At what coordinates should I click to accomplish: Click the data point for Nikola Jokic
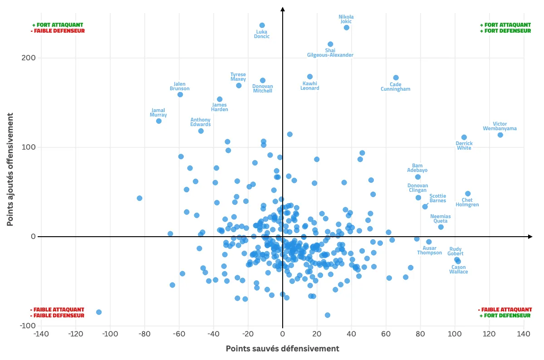(347, 28)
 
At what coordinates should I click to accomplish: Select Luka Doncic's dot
(262, 25)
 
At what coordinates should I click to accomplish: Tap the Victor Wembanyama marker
(500, 135)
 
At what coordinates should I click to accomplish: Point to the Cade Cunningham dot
(396, 78)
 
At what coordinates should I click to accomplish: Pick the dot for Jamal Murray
(159, 121)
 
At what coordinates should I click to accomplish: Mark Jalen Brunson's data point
(180, 95)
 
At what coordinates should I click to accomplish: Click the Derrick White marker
(464, 137)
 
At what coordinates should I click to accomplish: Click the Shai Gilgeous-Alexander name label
(330, 53)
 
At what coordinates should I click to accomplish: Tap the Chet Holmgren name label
(467, 202)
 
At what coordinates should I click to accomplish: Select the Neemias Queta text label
(441, 219)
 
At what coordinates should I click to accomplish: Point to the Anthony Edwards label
(201, 122)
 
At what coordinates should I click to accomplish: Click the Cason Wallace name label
(459, 269)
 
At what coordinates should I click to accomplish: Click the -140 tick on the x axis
(41, 334)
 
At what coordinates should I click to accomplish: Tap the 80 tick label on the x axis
(420, 334)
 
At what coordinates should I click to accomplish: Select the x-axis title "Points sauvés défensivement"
(282, 349)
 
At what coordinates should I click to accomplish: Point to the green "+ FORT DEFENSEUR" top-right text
(505, 31)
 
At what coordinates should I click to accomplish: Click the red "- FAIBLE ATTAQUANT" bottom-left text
(57, 310)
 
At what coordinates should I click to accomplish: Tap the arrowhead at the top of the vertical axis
(282, 9)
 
